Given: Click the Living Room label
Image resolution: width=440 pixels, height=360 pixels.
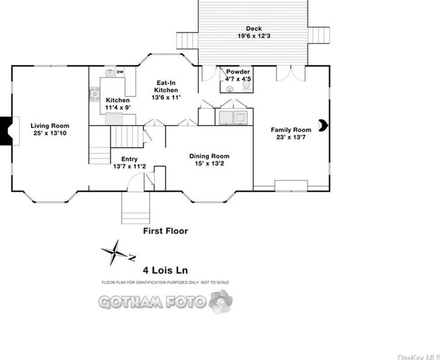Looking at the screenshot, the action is (50, 126).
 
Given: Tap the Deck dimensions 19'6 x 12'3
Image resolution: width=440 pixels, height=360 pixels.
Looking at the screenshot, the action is (254, 36).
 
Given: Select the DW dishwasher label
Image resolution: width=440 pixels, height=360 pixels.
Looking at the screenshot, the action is (120, 72).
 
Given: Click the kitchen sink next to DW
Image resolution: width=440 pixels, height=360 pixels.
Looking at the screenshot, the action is (110, 72).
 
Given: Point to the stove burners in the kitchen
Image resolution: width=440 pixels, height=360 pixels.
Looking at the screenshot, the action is (94, 94).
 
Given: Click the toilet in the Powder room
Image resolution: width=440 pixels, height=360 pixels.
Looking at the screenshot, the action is (246, 86).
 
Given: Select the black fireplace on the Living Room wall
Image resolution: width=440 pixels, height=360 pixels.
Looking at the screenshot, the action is (6, 131).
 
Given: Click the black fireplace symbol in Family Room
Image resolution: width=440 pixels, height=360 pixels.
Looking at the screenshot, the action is (323, 125).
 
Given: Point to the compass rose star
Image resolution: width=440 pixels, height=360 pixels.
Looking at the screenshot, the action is (114, 253).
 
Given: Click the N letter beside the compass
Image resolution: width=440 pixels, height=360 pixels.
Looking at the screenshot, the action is (132, 257).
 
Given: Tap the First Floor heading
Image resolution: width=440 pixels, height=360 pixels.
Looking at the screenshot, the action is (165, 231).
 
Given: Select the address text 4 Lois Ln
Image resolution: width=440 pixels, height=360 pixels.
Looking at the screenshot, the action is (165, 270).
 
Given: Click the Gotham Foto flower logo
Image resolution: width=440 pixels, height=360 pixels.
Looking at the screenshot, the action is (221, 301).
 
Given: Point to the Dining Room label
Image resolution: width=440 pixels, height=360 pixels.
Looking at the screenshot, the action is (209, 156).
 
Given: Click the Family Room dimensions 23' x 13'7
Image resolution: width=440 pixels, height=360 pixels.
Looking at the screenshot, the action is (291, 137).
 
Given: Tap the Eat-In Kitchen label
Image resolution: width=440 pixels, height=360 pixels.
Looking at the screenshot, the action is (166, 87).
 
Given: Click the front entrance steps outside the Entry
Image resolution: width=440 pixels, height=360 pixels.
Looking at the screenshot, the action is (136, 208).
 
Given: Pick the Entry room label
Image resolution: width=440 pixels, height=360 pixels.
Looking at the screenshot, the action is (129, 159).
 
